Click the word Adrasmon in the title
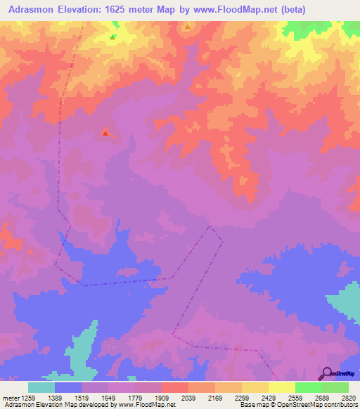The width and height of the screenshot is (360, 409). coord(32,10)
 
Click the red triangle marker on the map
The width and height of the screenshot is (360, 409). coord(105,131)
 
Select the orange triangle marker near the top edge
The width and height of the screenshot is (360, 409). coord(188,27)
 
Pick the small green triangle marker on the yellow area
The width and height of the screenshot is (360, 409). coord(112,37)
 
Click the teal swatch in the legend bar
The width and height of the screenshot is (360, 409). coord(41,387)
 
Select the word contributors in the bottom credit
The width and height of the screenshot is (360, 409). coord(340,405)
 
